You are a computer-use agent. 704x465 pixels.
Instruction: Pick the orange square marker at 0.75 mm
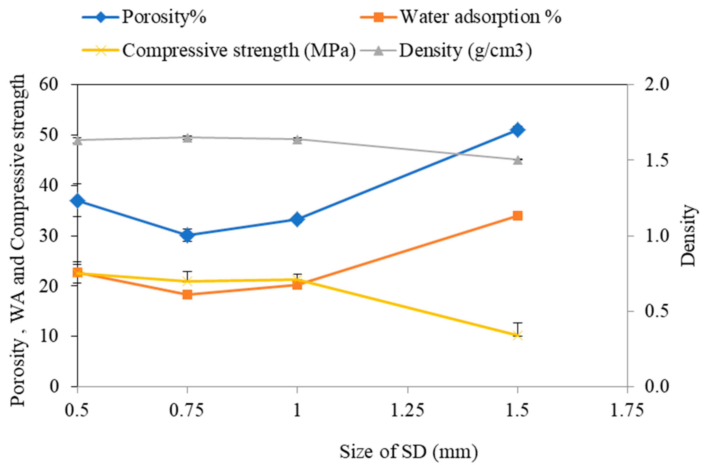(187, 294)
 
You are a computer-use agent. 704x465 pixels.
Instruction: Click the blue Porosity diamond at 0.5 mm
(78, 201)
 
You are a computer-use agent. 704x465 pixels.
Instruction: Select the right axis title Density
(688, 236)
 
